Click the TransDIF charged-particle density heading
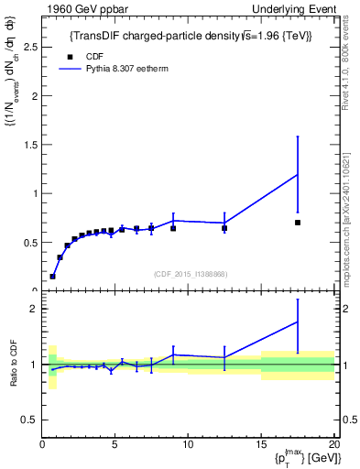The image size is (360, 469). pos(190,36)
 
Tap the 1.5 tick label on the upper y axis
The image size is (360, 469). pos(30,145)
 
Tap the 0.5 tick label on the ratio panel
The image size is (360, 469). pos(27,420)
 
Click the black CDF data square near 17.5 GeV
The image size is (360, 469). pos(298,223)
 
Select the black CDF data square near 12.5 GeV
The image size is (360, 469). pos(224,228)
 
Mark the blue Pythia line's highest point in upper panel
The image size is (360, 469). pos(298,174)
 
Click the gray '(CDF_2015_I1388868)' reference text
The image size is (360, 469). pos(190,275)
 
